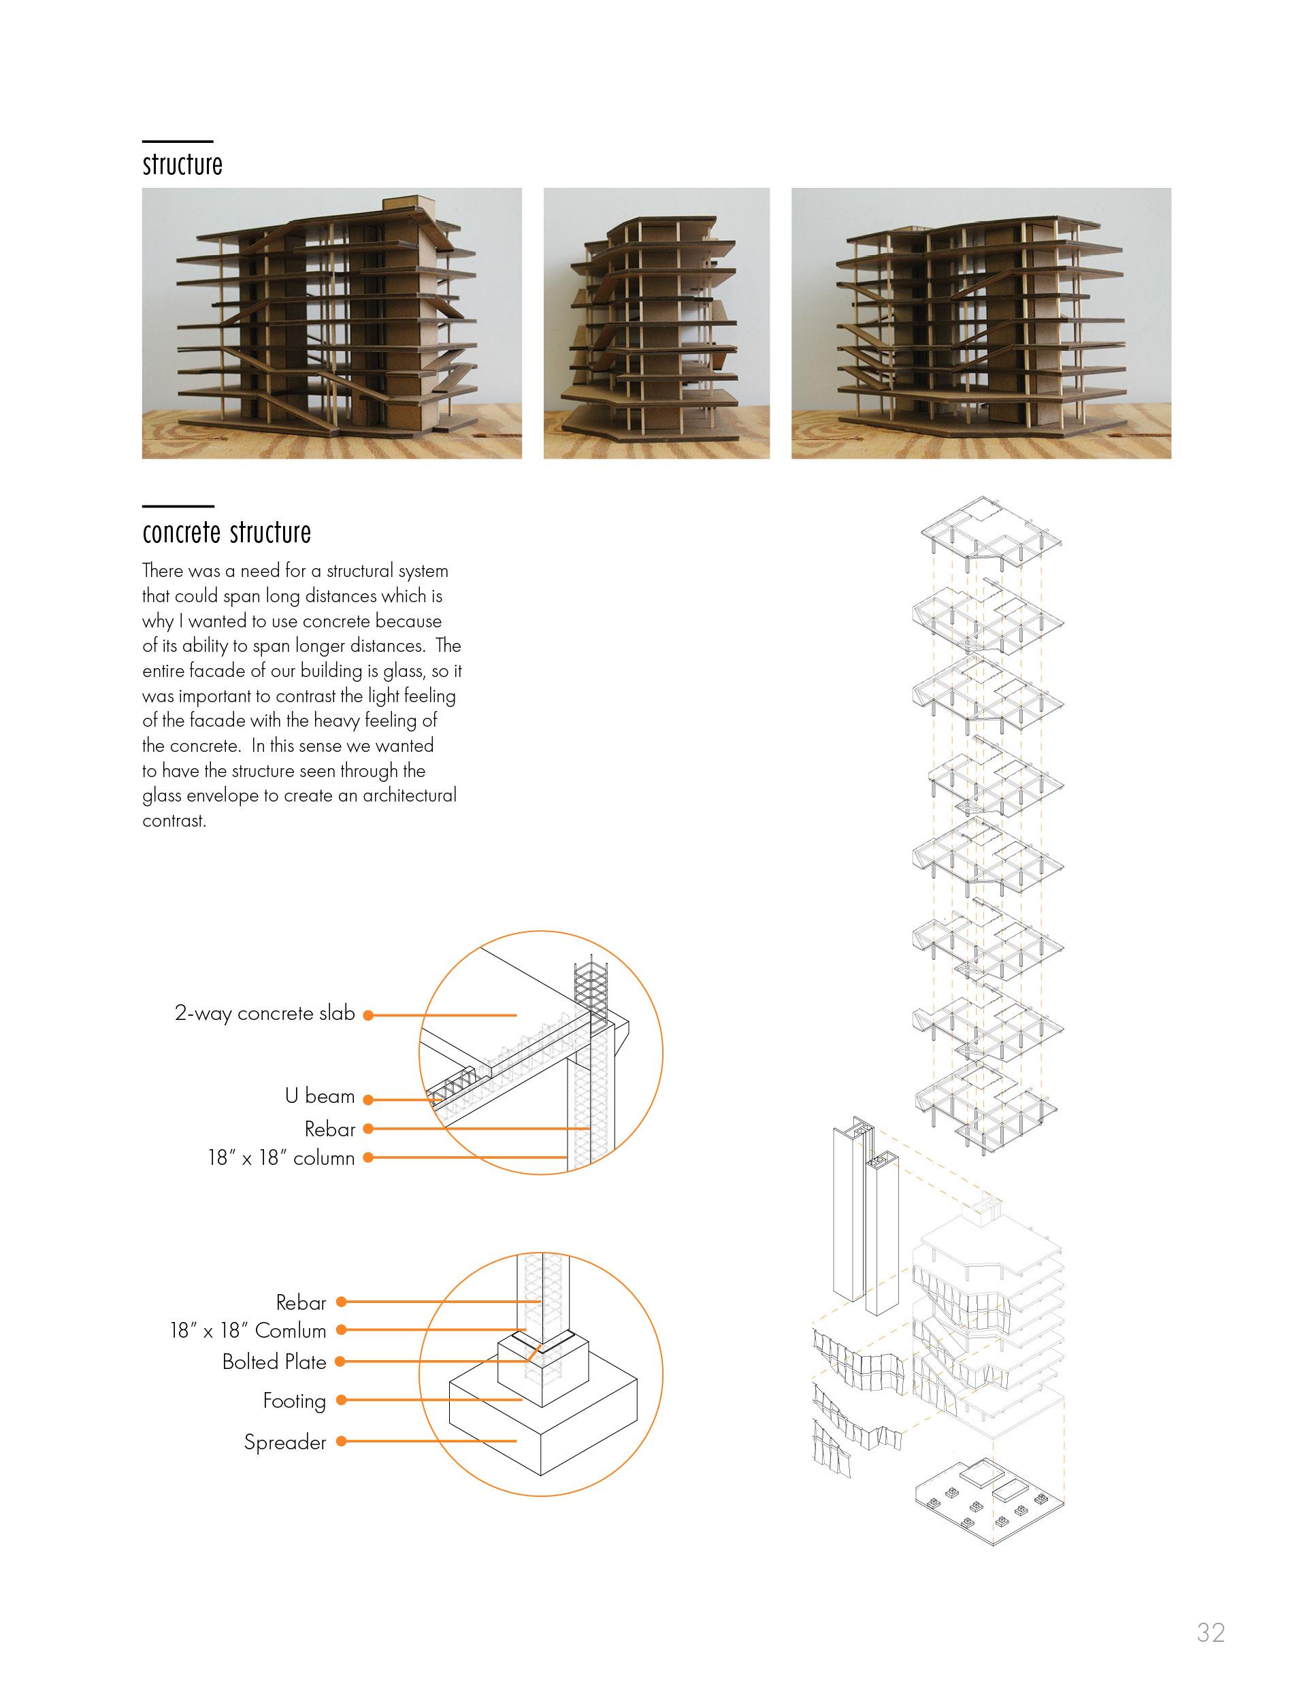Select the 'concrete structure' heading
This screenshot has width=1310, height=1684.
tap(227, 533)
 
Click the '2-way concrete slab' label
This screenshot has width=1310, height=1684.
tap(265, 1013)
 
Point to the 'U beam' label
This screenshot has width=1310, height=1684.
tap(319, 1096)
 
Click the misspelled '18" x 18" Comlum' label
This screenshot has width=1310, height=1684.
tap(248, 1331)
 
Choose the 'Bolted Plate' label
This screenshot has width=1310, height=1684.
tap(274, 1362)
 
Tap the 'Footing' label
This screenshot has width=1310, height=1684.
tap(294, 1401)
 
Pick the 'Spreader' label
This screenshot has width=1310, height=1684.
tap(284, 1442)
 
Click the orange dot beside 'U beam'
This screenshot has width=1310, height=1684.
tap(369, 1100)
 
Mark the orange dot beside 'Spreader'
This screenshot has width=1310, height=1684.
tap(341, 1441)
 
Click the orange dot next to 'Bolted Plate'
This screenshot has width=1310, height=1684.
tap(341, 1361)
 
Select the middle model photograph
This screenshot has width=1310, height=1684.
tap(656, 323)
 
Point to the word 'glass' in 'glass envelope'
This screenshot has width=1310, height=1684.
tap(162, 796)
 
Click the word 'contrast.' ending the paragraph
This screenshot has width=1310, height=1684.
tap(174, 821)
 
